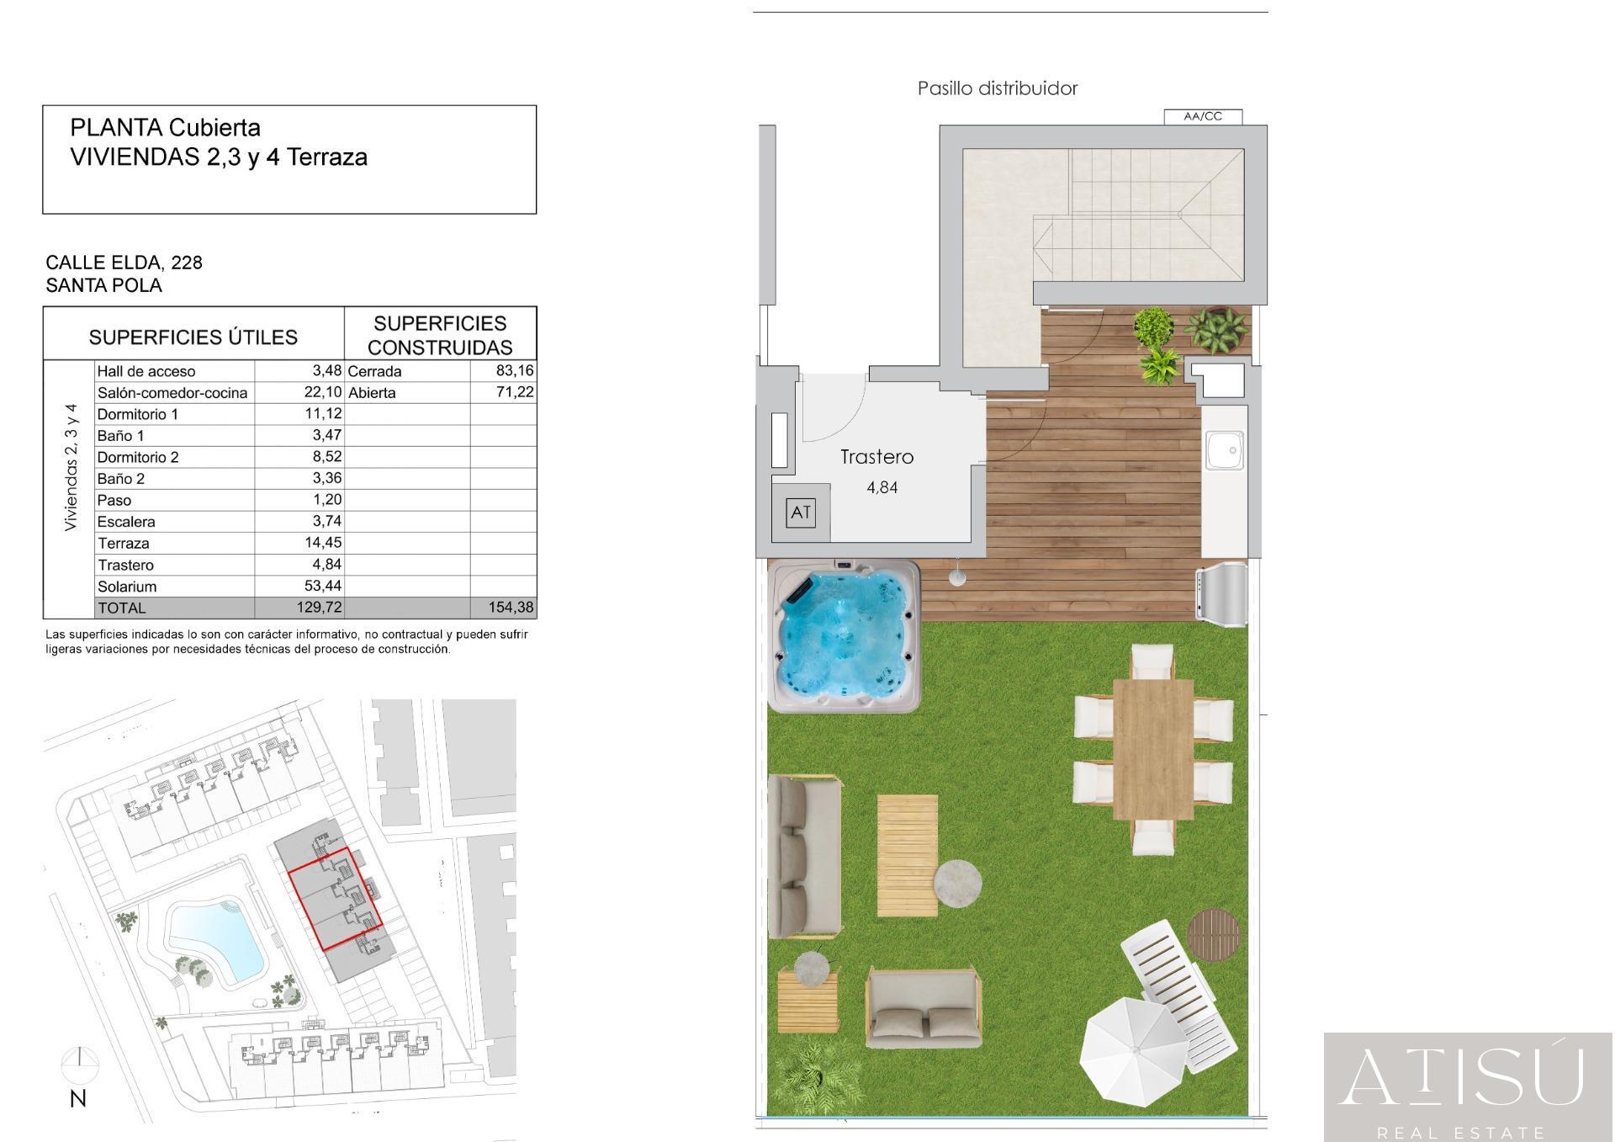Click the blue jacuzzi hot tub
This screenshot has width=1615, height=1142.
[845, 637]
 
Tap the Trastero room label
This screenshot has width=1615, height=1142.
[876, 457]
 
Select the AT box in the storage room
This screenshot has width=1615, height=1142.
[800, 513]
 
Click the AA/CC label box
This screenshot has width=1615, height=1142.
[1203, 117]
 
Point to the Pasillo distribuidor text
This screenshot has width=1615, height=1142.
[998, 88]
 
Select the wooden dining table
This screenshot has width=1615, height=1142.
[1153, 749]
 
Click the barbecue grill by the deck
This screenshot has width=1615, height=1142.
[1221, 596]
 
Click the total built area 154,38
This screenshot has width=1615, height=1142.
[511, 608]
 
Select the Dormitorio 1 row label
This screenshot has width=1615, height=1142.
[138, 414]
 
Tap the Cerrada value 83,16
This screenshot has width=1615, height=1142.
[515, 370]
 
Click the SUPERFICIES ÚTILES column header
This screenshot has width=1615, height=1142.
[193, 337]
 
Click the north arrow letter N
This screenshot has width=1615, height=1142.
[78, 1098]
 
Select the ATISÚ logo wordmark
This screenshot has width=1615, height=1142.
[1463, 1076]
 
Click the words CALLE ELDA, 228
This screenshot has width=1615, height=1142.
[124, 263]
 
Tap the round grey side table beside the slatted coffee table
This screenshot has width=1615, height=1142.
[957, 883]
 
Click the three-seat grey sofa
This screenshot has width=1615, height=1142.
[804, 857]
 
